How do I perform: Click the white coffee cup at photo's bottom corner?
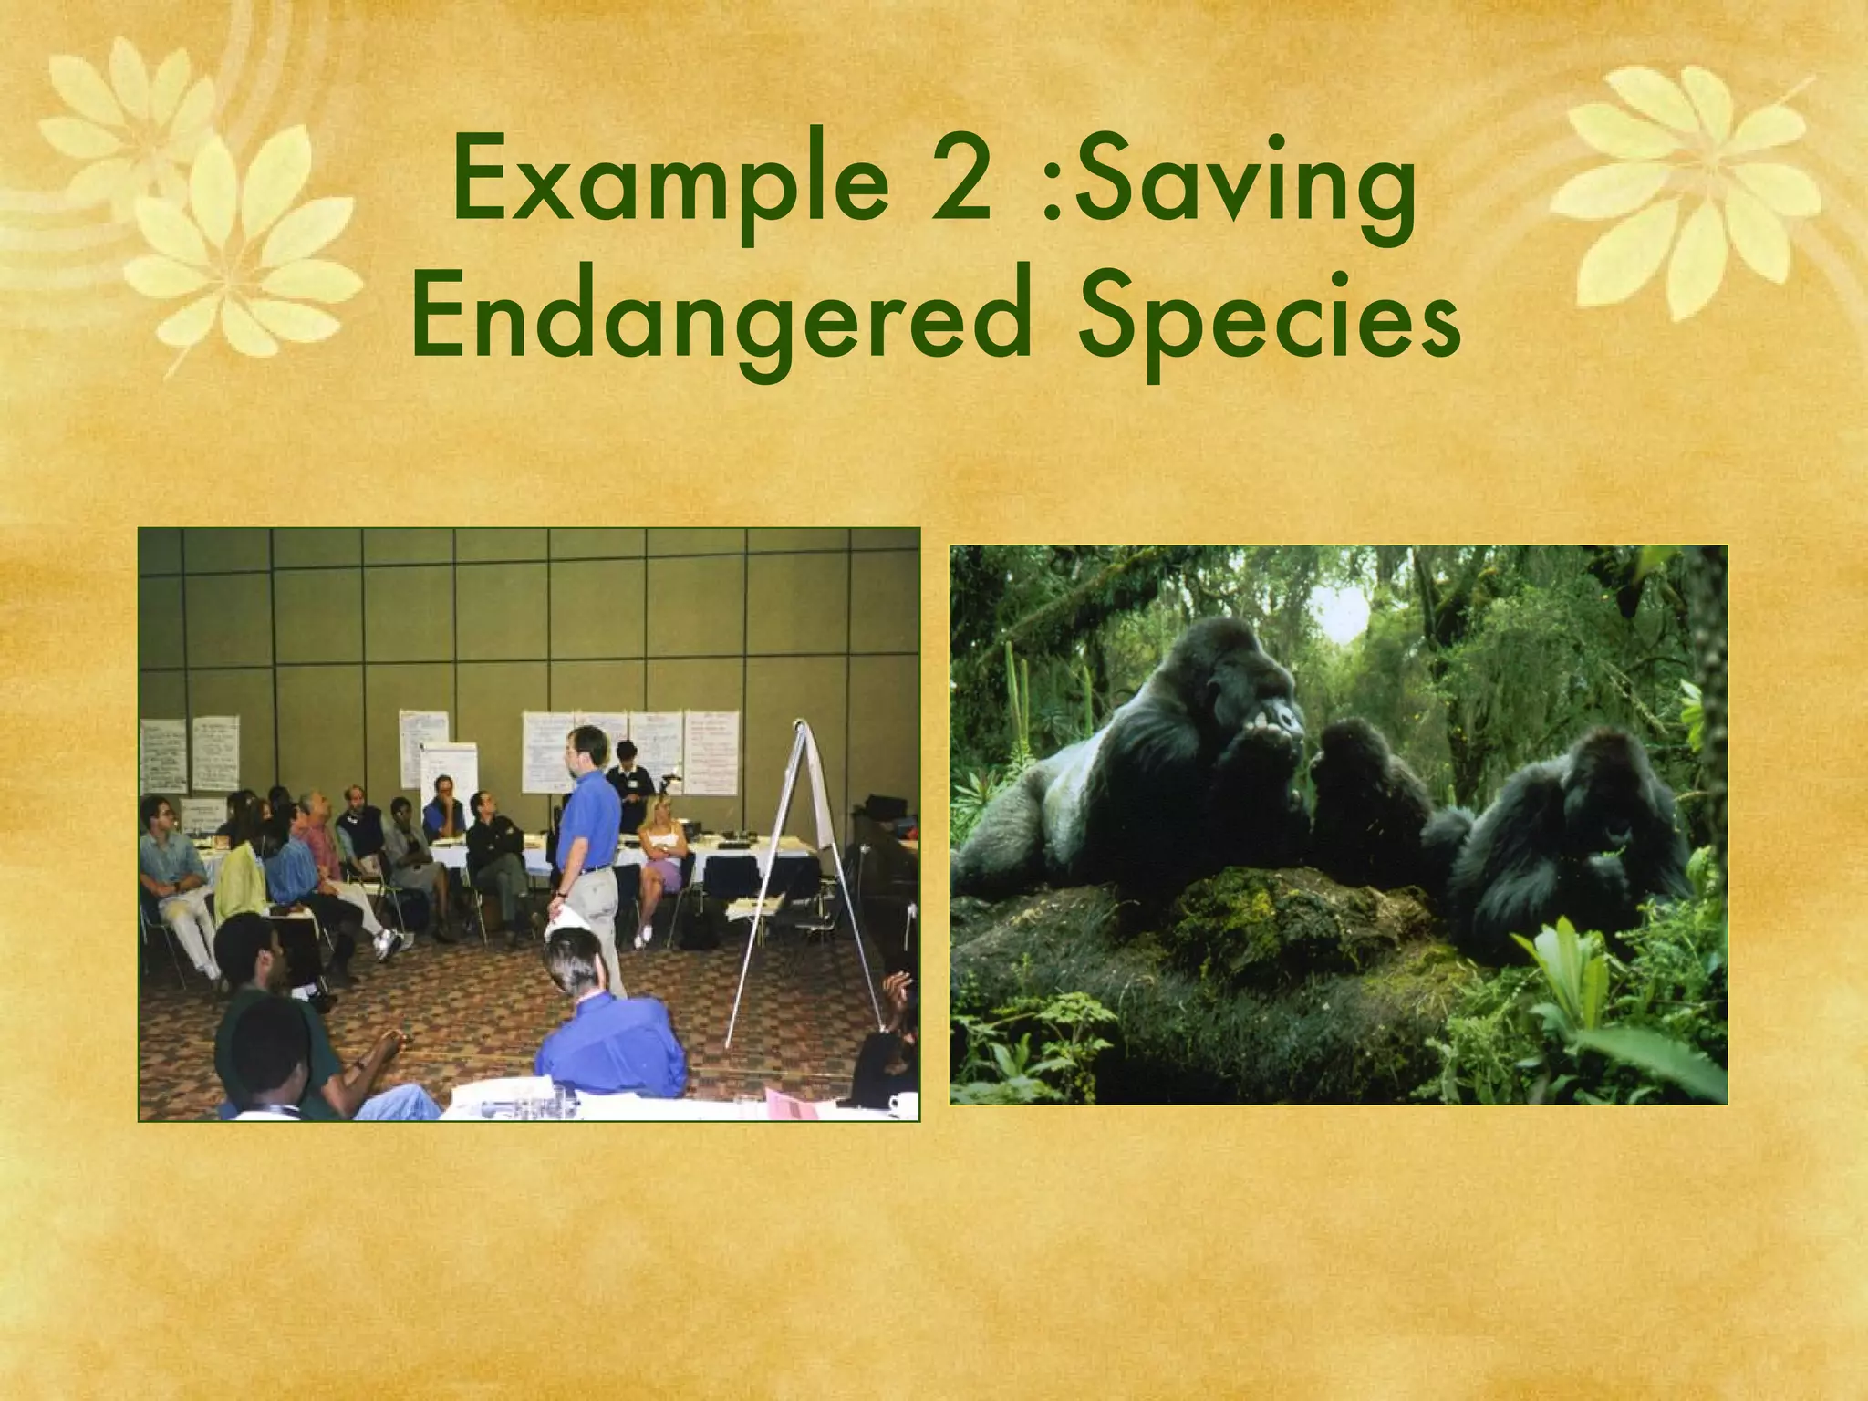[x=903, y=1104]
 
